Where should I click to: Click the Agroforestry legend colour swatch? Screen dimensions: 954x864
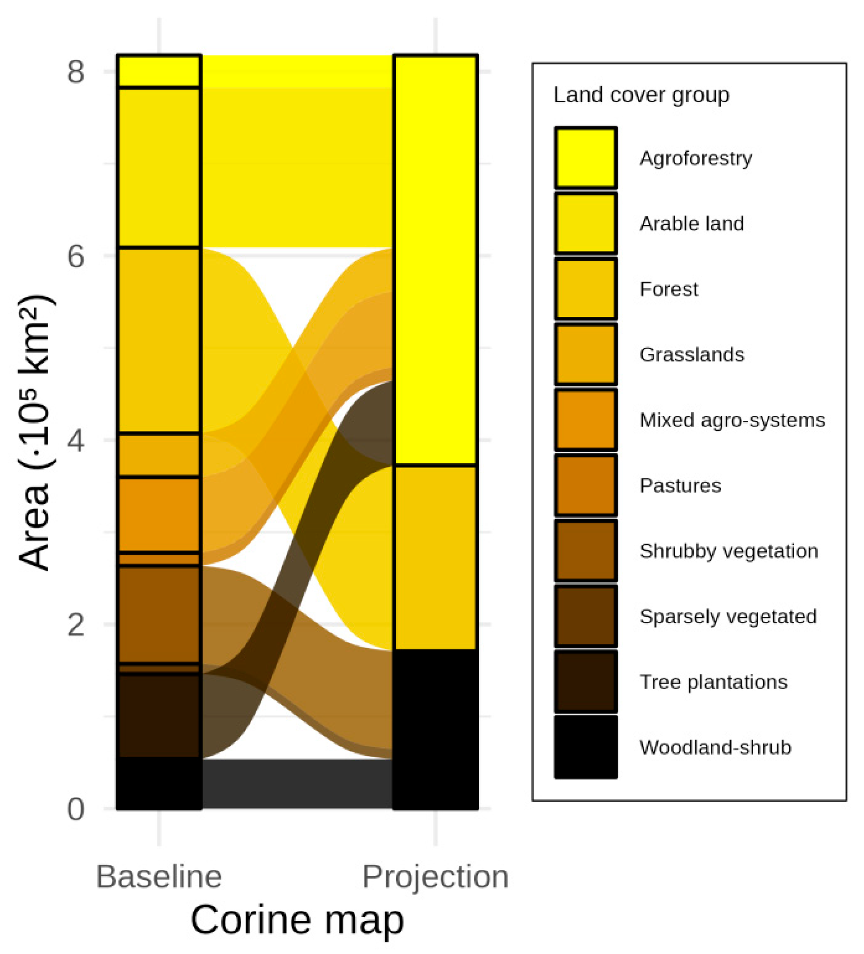(x=586, y=158)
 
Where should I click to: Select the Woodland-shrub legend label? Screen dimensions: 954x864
(x=715, y=747)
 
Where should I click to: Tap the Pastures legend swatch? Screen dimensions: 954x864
(x=586, y=485)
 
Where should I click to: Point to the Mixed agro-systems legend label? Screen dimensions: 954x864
(x=732, y=420)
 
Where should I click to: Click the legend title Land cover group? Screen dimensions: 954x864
(x=641, y=95)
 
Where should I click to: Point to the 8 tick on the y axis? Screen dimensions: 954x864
(x=76, y=72)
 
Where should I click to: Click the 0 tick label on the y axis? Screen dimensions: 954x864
(x=76, y=809)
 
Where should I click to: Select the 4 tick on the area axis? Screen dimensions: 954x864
(x=76, y=440)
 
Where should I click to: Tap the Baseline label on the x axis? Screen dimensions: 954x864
(x=159, y=877)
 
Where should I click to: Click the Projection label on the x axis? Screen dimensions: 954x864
(x=435, y=877)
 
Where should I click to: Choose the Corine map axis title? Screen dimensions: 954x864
(x=297, y=920)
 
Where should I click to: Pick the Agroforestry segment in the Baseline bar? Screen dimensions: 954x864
(x=159, y=71)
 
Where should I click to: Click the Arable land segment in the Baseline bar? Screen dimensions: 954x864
(x=159, y=167)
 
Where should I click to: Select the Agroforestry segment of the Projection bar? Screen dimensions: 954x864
(x=435, y=260)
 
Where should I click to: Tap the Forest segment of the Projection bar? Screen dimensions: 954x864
(x=435, y=557)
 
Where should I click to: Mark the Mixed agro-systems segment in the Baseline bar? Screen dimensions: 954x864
(x=159, y=514)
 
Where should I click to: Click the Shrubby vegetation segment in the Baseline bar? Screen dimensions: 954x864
(x=159, y=614)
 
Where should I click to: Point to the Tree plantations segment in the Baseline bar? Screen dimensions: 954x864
(x=159, y=715)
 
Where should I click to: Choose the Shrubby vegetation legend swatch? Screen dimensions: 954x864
(x=586, y=551)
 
